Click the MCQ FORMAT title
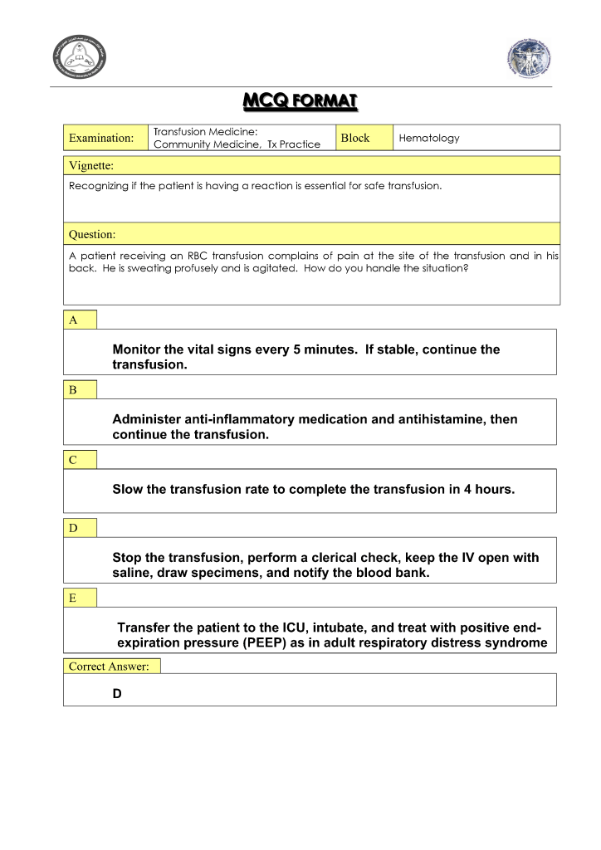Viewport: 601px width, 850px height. [x=300, y=102]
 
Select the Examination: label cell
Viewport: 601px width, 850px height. [x=101, y=138]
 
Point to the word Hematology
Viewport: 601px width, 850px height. [x=429, y=138]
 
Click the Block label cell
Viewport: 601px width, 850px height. [x=355, y=138]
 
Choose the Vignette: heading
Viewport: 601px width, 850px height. [x=91, y=166]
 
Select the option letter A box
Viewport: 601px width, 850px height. [x=81, y=320]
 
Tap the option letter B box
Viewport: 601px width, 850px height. [x=81, y=390]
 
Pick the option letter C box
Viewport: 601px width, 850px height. [x=81, y=460]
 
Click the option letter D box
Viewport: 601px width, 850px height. [x=81, y=528]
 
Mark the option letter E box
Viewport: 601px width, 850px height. [x=81, y=598]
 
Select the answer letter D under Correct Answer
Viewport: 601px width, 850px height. [x=117, y=694]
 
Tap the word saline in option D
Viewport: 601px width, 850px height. [x=132, y=574]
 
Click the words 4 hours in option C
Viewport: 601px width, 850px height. [x=490, y=490]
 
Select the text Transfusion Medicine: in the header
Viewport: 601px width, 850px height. [x=207, y=132]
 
